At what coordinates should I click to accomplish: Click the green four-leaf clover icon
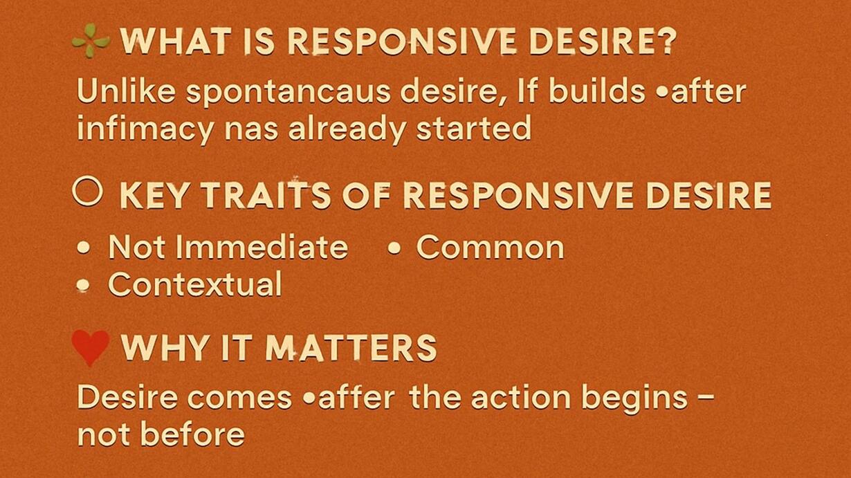(91, 41)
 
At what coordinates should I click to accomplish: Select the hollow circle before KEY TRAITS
(88, 191)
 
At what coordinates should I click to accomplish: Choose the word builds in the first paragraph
(596, 91)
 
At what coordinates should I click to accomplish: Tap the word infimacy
(145, 129)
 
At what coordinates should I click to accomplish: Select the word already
(347, 129)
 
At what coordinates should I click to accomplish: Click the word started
(473, 128)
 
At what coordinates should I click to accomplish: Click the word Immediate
(262, 246)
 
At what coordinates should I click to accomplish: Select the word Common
(490, 247)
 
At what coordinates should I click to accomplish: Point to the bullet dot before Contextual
(83, 285)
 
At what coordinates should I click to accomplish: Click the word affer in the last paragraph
(357, 397)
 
